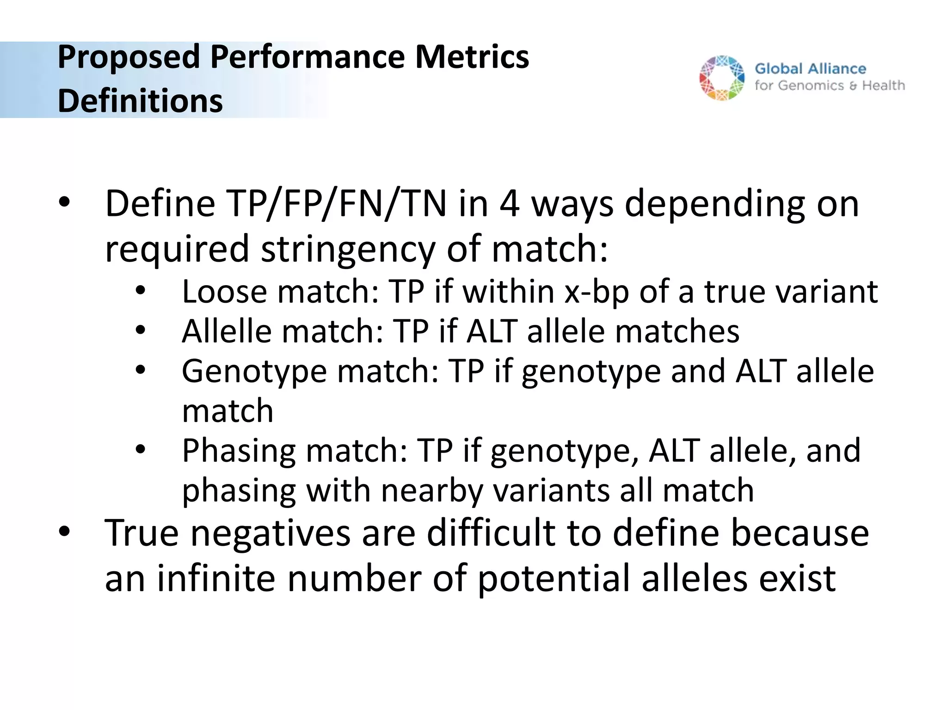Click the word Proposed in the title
click(129, 57)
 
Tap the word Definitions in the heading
click(140, 101)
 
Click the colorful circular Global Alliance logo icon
click(722, 78)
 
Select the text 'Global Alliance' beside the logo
click(810, 69)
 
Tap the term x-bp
click(596, 292)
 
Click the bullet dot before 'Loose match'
click(141, 291)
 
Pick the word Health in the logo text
click(883, 86)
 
